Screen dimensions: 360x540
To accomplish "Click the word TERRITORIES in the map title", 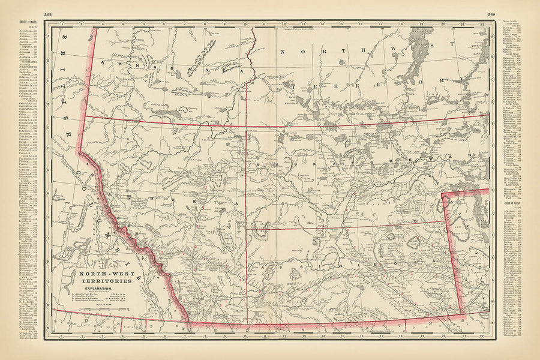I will click(x=106, y=281).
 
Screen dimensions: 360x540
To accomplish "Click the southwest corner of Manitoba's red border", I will click(x=461, y=313).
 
